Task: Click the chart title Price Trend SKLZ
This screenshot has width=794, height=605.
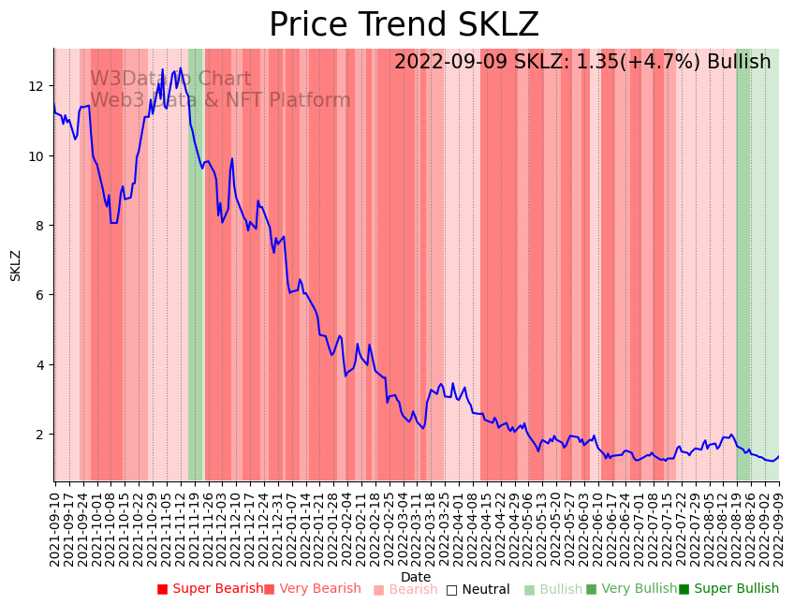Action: coord(404,25)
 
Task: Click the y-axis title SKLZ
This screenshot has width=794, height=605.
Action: coord(16,265)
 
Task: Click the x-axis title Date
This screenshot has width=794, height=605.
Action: coord(416,577)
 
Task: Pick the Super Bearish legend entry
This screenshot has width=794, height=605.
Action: coord(211,589)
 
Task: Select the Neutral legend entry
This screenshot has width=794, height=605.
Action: coord(478,590)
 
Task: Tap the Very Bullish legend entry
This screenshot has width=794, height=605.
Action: coord(632,589)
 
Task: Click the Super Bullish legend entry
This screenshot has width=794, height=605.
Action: coord(729,589)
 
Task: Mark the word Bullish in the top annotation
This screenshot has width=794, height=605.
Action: coord(739,62)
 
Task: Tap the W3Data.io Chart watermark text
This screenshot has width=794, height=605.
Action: coord(170,80)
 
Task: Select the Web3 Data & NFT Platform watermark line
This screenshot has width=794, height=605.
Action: coord(220,100)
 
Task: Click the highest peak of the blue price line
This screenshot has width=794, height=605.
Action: coord(162,69)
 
